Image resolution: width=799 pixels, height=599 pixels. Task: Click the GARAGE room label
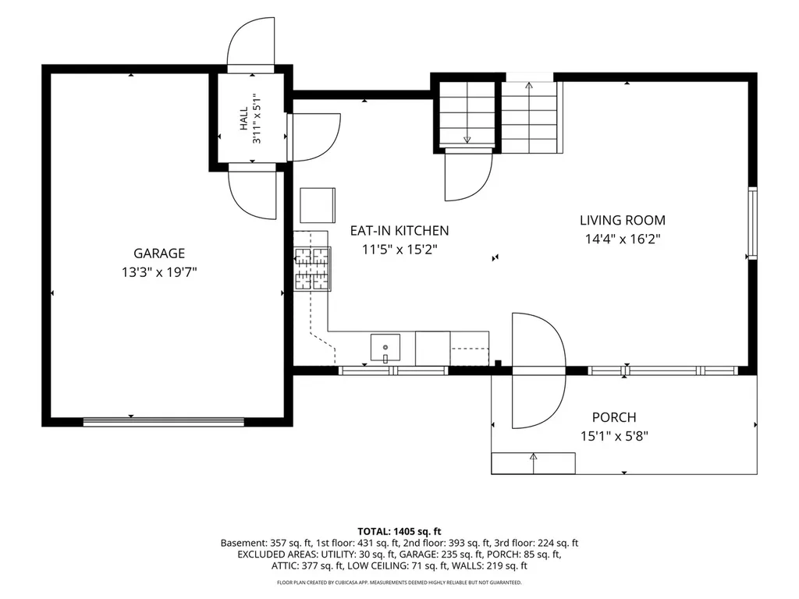click(x=159, y=253)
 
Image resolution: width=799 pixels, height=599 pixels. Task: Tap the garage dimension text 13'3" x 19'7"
click(x=159, y=272)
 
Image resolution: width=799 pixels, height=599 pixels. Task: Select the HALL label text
click(x=243, y=119)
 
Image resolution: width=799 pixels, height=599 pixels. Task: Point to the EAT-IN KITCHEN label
click(x=399, y=231)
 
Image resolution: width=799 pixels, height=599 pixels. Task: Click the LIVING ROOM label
click(x=623, y=220)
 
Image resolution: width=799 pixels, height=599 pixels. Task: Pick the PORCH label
click(x=614, y=417)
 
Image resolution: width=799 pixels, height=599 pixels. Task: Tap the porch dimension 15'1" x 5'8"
click(x=614, y=437)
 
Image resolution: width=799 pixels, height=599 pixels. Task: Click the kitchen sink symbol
click(x=385, y=348)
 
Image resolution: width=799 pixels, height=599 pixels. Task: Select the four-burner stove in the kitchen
click(x=312, y=269)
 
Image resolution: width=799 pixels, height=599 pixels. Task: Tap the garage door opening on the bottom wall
click(x=164, y=422)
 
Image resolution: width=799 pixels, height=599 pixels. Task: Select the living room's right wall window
click(x=752, y=223)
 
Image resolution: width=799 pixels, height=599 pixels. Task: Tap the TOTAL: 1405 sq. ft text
click(x=399, y=532)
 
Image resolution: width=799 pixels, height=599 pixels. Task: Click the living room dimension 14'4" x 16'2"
click(x=623, y=239)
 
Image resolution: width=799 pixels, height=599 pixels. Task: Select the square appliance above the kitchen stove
click(x=318, y=205)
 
